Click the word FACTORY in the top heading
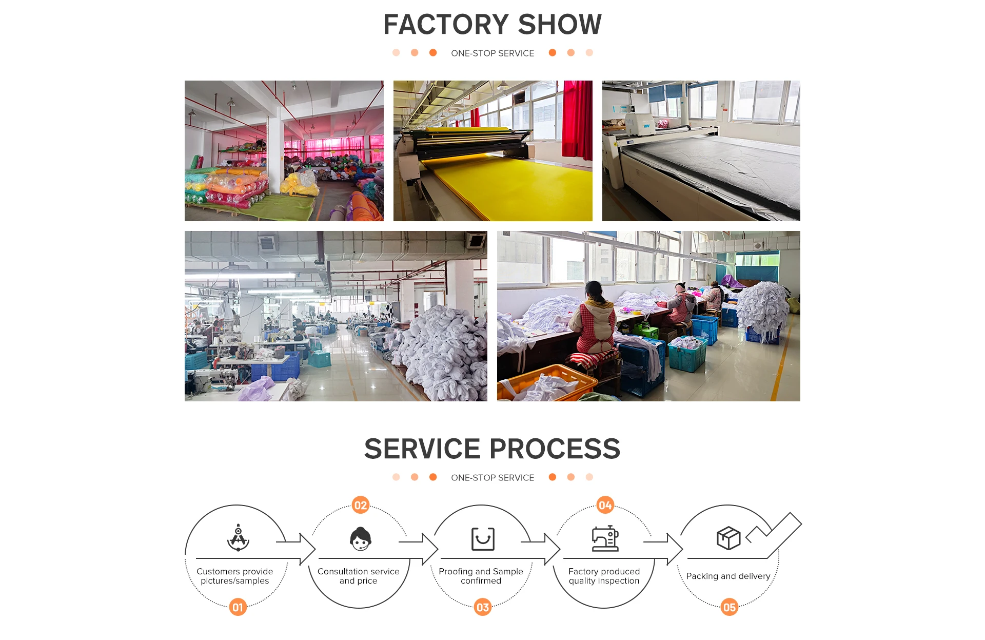point(446,24)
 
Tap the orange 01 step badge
point(238,607)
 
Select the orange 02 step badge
point(361,505)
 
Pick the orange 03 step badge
point(483,607)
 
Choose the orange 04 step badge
point(605,505)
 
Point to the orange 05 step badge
point(729,607)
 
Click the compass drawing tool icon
point(238,537)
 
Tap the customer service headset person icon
point(361,538)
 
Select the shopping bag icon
point(483,538)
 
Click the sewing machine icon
point(605,538)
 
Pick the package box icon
point(728,538)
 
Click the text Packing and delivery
point(728,576)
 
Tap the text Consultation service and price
point(359,576)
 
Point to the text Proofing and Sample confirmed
point(481,576)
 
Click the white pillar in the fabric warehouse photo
point(275,154)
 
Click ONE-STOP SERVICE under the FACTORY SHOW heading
point(493,53)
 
